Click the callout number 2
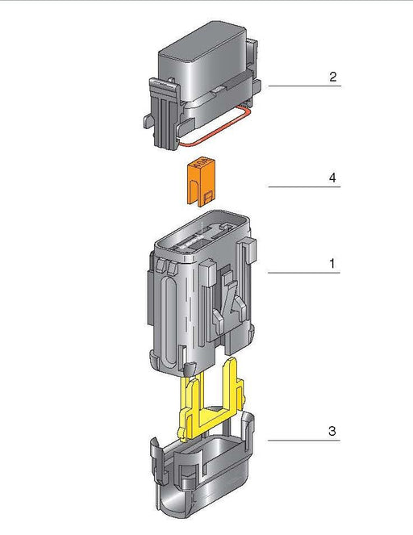(332, 77)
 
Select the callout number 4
(332, 177)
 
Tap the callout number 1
(332, 264)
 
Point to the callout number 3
(332, 431)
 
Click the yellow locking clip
(208, 403)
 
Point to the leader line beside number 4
(302, 187)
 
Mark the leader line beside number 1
(302, 274)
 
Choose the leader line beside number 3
(302, 441)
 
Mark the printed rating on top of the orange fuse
(201, 165)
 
